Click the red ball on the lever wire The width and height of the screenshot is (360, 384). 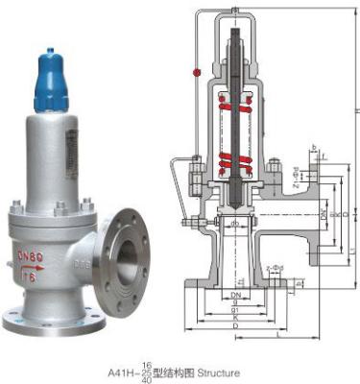point(196,72)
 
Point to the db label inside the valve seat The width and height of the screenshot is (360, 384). point(234,224)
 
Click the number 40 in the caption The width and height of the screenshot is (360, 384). point(146,376)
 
